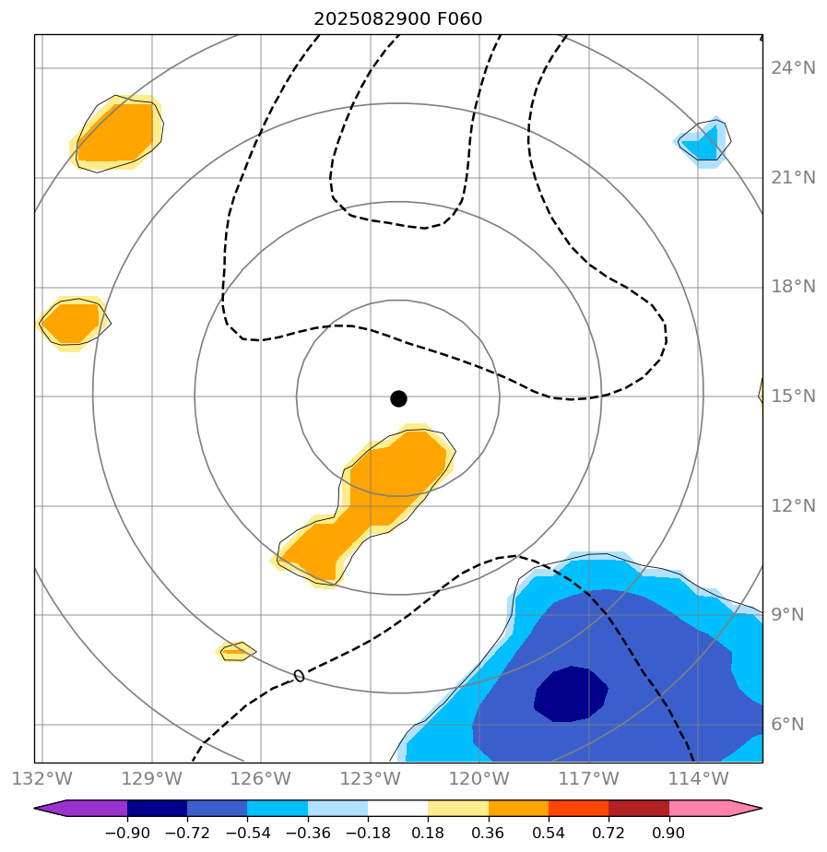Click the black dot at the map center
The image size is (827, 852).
point(398,398)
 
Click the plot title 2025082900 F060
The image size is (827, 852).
point(397,18)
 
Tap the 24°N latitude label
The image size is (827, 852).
point(793,68)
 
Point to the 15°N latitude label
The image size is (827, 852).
point(793,396)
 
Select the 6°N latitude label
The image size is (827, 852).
point(793,725)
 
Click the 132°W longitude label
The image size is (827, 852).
point(42,778)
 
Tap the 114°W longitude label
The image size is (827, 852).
point(698,778)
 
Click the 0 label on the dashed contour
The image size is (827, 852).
point(299,676)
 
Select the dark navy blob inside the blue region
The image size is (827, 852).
point(572,693)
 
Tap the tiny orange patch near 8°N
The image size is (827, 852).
point(235,651)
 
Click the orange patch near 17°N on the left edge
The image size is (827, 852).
point(72,323)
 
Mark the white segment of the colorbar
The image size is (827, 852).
point(397,809)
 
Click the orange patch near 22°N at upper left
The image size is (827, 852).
point(116,132)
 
